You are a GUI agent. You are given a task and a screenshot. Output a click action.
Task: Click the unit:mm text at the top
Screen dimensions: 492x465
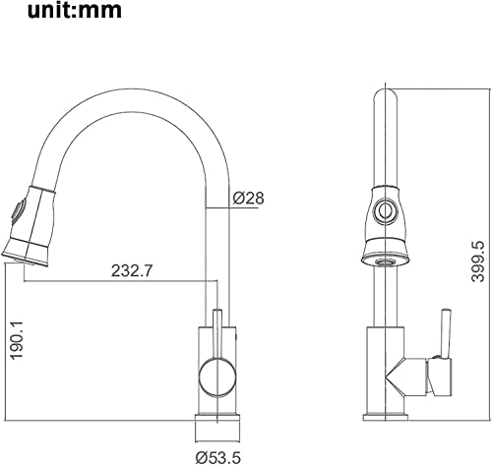click(75, 10)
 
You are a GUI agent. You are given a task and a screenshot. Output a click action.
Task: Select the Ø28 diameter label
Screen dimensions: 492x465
click(248, 199)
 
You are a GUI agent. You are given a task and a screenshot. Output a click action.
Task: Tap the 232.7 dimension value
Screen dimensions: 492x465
click(132, 270)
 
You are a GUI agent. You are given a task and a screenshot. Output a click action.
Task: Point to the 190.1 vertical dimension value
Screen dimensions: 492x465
click(17, 340)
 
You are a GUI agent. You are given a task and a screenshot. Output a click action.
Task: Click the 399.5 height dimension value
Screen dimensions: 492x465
click(477, 262)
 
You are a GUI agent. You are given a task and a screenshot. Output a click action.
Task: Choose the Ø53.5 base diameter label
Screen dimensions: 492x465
click(218, 457)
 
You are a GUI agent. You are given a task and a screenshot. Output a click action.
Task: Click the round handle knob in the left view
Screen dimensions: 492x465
click(217, 377)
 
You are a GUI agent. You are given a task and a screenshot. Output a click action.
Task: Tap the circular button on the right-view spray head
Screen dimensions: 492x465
click(386, 210)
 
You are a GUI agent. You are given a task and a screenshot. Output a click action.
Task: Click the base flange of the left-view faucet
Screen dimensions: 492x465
click(217, 428)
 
